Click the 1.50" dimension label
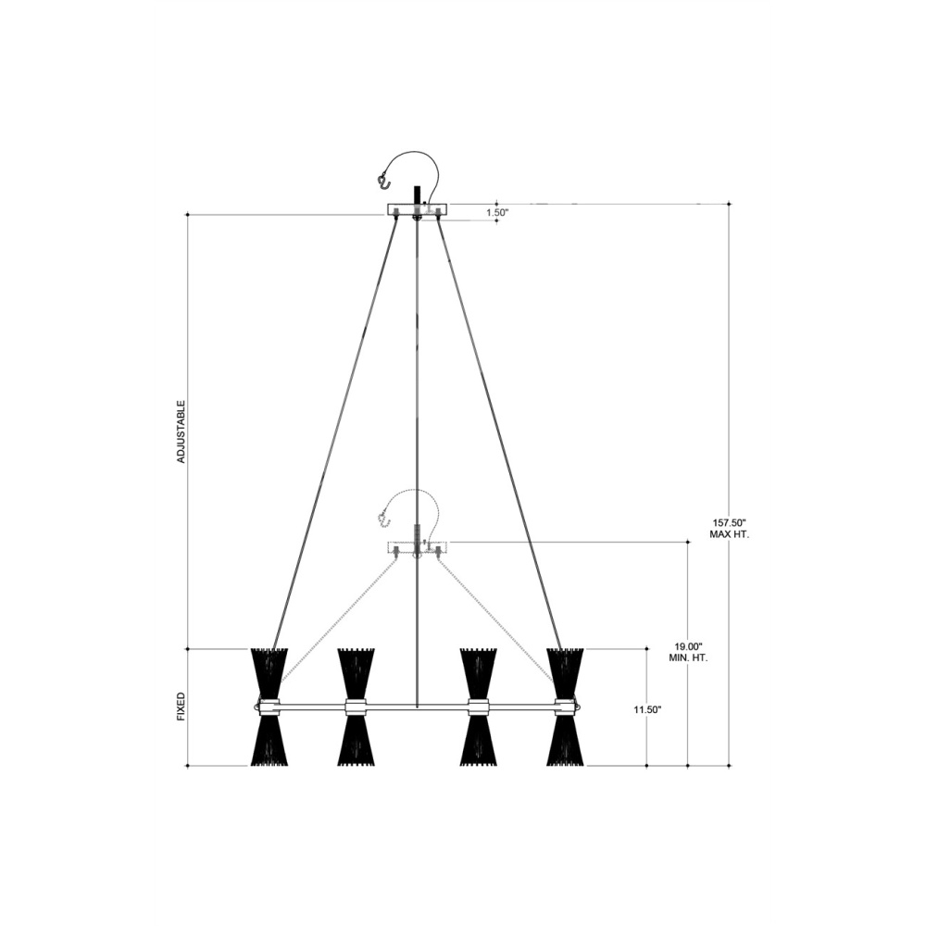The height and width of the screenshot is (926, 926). click(x=497, y=213)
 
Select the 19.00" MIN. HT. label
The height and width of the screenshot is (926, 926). click(x=689, y=652)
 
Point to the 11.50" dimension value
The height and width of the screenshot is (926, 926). click(x=647, y=710)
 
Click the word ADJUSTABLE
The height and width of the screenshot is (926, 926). click(x=181, y=432)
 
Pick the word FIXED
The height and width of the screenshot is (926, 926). click(x=181, y=707)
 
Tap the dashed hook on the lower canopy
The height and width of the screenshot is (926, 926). click(x=384, y=519)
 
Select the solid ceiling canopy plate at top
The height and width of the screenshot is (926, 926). click(x=418, y=209)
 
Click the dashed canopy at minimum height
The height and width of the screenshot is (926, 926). click(x=418, y=547)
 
